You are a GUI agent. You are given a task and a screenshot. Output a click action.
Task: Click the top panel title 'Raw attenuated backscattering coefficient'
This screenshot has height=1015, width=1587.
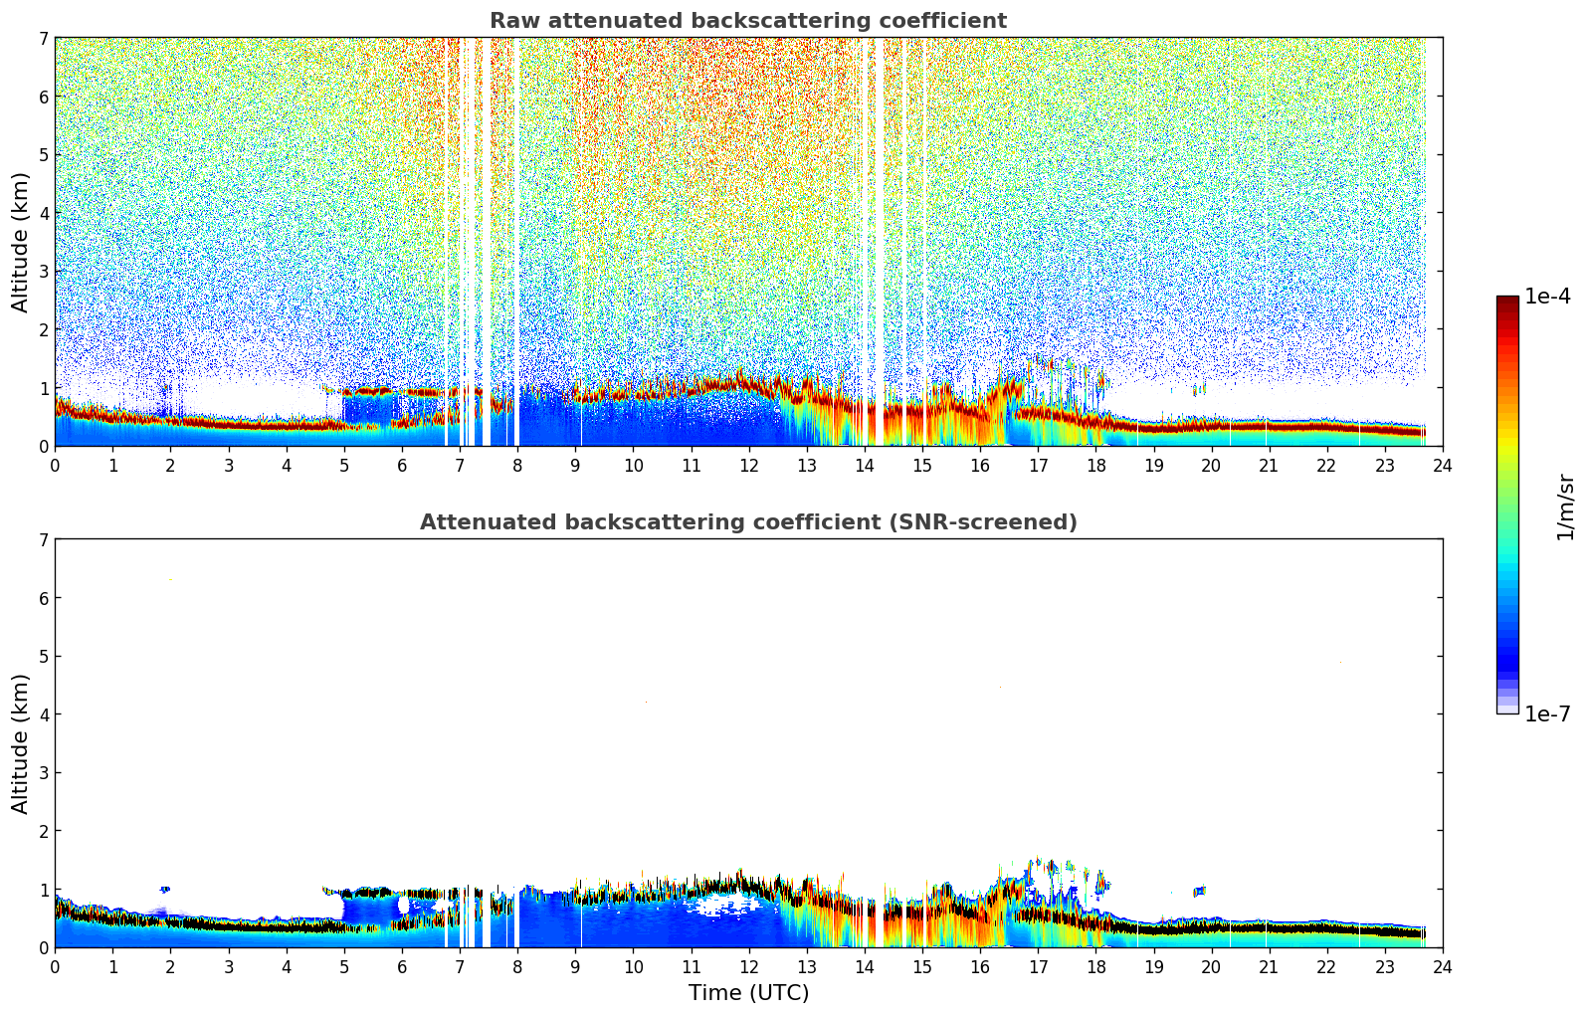[748, 21]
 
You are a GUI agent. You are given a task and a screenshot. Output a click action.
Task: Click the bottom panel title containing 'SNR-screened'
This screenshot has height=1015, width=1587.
[748, 522]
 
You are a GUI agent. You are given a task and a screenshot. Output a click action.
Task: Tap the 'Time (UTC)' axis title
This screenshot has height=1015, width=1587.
[748, 993]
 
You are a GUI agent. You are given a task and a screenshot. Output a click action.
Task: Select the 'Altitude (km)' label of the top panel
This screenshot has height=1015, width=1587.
[21, 242]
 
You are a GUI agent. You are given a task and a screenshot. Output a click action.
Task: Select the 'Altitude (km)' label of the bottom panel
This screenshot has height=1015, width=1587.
[21, 743]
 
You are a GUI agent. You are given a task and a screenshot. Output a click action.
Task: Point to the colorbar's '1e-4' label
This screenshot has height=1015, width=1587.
[1547, 297]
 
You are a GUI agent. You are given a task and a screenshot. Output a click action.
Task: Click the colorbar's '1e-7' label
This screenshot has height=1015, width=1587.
[1547, 714]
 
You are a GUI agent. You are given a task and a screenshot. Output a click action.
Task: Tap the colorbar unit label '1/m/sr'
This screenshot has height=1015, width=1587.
[1565, 507]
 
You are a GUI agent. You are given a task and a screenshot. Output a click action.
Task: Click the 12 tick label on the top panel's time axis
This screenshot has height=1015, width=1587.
[748, 465]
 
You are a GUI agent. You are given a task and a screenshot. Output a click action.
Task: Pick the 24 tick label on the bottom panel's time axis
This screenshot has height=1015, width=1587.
[1442, 966]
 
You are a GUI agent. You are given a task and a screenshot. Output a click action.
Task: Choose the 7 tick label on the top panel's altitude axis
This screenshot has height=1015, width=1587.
[43, 39]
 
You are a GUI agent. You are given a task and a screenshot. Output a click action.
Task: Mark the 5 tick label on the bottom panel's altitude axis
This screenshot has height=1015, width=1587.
[43, 657]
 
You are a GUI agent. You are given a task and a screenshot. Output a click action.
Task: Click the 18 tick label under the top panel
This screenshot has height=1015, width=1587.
[1095, 465]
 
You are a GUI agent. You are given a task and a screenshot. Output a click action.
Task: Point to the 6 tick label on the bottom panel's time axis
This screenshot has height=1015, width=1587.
[402, 966]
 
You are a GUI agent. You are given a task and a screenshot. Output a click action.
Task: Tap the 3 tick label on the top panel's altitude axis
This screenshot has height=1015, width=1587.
[43, 272]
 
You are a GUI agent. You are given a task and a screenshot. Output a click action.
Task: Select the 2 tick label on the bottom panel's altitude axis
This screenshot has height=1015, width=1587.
[43, 831]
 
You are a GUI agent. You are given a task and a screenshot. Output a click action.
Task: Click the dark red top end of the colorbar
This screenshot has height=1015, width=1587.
[1507, 301]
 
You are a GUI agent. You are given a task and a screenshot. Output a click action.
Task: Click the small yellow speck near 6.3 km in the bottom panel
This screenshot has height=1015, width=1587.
[171, 580]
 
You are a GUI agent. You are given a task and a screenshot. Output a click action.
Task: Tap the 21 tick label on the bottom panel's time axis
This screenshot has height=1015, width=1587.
[1269, 966]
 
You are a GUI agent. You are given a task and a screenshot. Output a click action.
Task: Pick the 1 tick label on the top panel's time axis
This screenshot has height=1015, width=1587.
[112, 465]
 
